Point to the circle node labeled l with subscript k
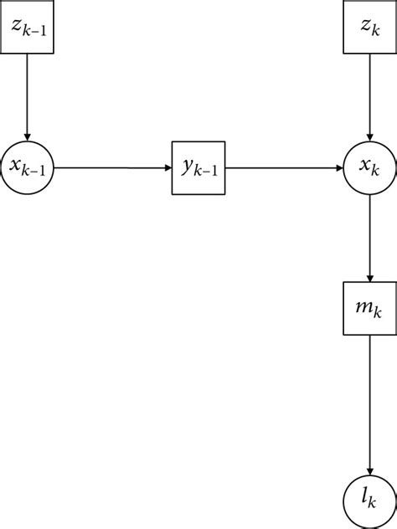[369, 500]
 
